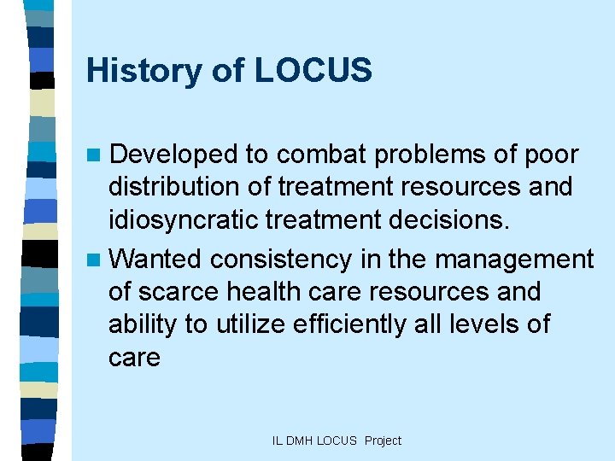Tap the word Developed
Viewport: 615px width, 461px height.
[173, 155]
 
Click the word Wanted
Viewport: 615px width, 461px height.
[156, 258]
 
